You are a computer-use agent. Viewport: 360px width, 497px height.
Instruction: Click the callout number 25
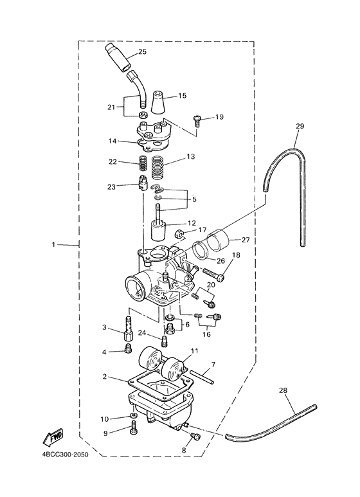pos(142,51)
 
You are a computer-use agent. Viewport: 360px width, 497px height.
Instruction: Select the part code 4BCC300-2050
pos(66,453)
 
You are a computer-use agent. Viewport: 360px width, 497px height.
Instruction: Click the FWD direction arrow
pos(53,437)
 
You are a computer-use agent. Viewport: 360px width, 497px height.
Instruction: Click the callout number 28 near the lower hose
pos(283,390)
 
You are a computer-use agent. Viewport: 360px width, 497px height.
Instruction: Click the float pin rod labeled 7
pos(201,377)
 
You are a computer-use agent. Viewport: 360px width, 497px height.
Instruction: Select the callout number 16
pos(207,334)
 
